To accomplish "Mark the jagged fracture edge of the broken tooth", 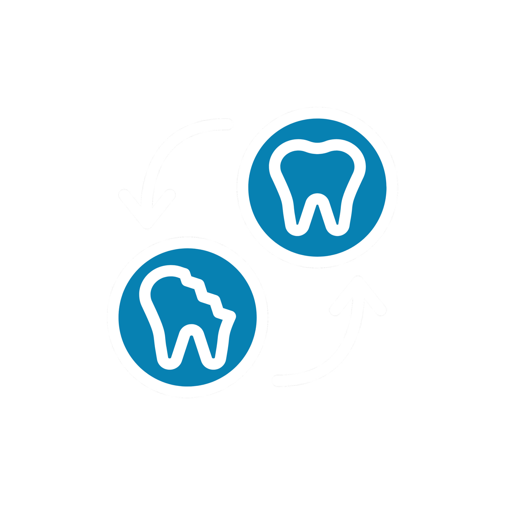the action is click(206, 295).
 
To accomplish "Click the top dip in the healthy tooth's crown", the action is click(317, 148).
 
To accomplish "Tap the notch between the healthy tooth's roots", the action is click(317, 199).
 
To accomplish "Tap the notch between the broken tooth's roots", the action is click(191, 330).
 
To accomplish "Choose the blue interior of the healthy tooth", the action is click(317, 173).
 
